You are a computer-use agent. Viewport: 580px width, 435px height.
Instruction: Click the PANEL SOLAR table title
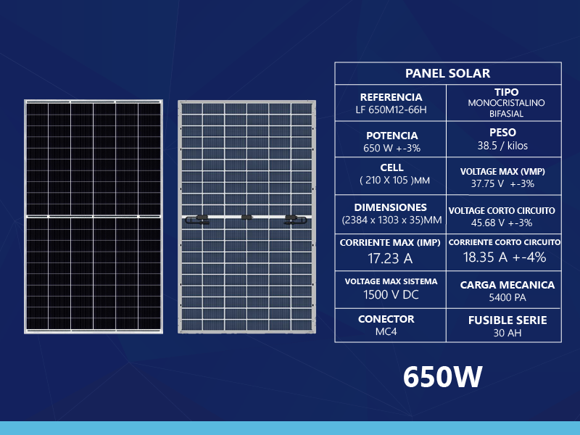click(447, 73)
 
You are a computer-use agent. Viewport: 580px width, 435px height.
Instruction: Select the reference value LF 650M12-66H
click(391, 110)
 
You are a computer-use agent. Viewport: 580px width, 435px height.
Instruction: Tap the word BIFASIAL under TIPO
click(506, 114)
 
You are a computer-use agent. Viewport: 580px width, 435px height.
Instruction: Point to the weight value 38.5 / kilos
click(502, 146)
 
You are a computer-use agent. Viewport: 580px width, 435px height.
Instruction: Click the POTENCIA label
click(391, 136)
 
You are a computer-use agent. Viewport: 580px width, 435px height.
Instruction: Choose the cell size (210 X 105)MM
click(394, 181)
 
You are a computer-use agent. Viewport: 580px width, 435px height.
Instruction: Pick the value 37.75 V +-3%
click(502, 183)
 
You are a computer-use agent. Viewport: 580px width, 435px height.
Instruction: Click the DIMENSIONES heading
click(390, 207)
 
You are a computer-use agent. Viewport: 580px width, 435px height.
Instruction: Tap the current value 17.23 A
click(390, 258)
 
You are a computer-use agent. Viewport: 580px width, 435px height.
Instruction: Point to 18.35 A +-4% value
click(505, 257)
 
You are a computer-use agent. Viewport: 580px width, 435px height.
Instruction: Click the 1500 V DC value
click(391, 294)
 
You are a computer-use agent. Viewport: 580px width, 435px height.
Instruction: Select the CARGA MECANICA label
click(507, 285)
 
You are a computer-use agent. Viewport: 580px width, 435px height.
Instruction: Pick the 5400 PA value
click(507, 297)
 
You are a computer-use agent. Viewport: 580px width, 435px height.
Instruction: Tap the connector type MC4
click(386, 331)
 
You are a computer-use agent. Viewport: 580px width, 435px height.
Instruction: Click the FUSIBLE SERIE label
click(507, 320)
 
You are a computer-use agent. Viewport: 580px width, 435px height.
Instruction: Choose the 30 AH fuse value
click(507, 333)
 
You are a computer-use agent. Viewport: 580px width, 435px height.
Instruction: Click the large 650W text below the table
click(442, 377)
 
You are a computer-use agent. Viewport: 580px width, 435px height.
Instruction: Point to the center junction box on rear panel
click(246, 217)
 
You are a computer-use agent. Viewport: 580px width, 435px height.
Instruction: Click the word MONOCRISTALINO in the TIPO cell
click(506, 103)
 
